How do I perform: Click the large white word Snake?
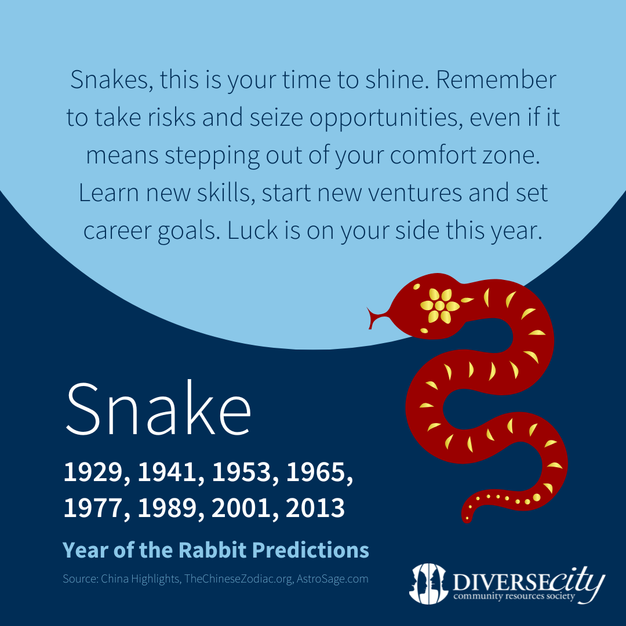click(x=158, y=409)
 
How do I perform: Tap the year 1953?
click(x=242, y=472)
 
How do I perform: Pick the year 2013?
click(x=315, y=508)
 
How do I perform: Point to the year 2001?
click(x=242, y=508)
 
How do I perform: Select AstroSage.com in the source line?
click(x=332, y=579)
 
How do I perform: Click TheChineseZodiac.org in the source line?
click(x=238, y=579)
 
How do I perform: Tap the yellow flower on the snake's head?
click(x=439, y=306)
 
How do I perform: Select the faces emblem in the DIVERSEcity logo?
click(x=428, y=583)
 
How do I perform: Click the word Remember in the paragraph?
click(x=496, y=80)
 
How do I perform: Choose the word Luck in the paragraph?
click(x=252, y=230)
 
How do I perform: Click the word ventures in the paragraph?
click(x=415, y=193)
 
